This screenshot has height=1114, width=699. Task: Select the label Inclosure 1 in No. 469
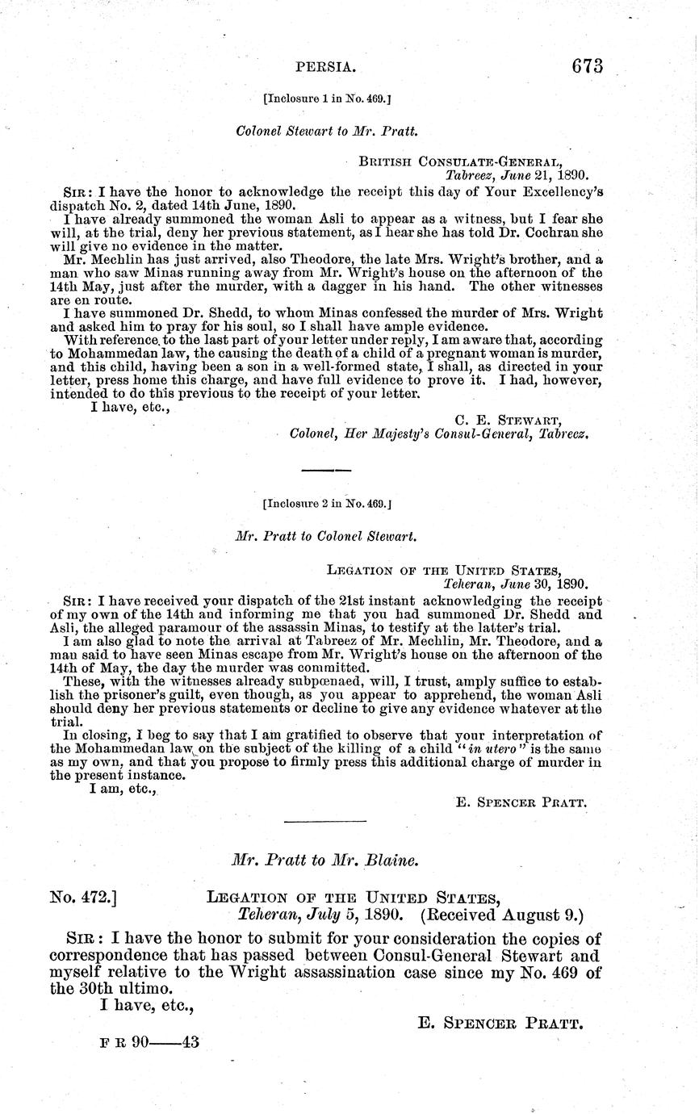tap(328, 100)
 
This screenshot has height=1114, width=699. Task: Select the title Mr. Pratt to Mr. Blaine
tap(324, 861)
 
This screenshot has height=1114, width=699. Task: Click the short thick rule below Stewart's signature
tap(326, 468)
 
